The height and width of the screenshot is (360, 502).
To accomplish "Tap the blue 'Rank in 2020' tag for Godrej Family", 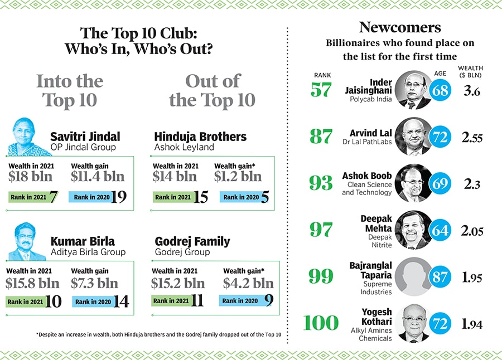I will point(241,301).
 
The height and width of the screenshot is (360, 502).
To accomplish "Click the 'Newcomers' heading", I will point(400,27).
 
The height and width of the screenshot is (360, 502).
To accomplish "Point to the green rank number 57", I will point(321,90).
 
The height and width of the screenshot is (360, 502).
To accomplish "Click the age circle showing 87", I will point(440,276).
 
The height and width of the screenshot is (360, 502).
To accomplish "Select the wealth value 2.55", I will point(472,138).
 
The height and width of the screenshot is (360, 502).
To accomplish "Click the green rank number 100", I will point(321,323).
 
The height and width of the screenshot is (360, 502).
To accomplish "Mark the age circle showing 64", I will point(440,230).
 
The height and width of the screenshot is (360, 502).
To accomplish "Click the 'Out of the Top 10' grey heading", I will point(212,91).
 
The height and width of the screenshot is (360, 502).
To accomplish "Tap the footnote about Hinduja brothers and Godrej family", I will point(158,334).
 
